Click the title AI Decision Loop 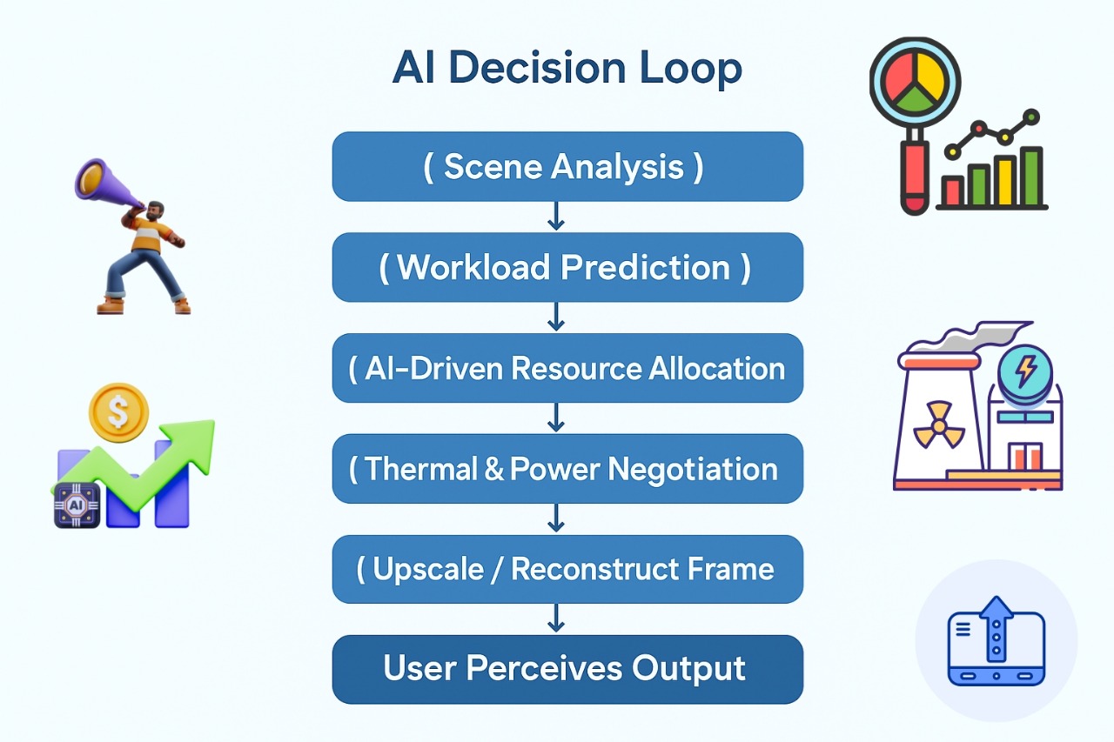point(567,68)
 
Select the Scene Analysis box point(567,166)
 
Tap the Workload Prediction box point(567,267)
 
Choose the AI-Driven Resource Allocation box point(567,368)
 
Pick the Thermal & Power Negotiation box point(567,469)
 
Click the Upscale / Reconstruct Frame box point(567,569)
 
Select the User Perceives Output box point(567,669)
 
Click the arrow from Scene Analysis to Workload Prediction point(556,217)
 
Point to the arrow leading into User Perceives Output point(556,618)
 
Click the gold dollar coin point(119,412)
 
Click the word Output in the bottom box point(688,669)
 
